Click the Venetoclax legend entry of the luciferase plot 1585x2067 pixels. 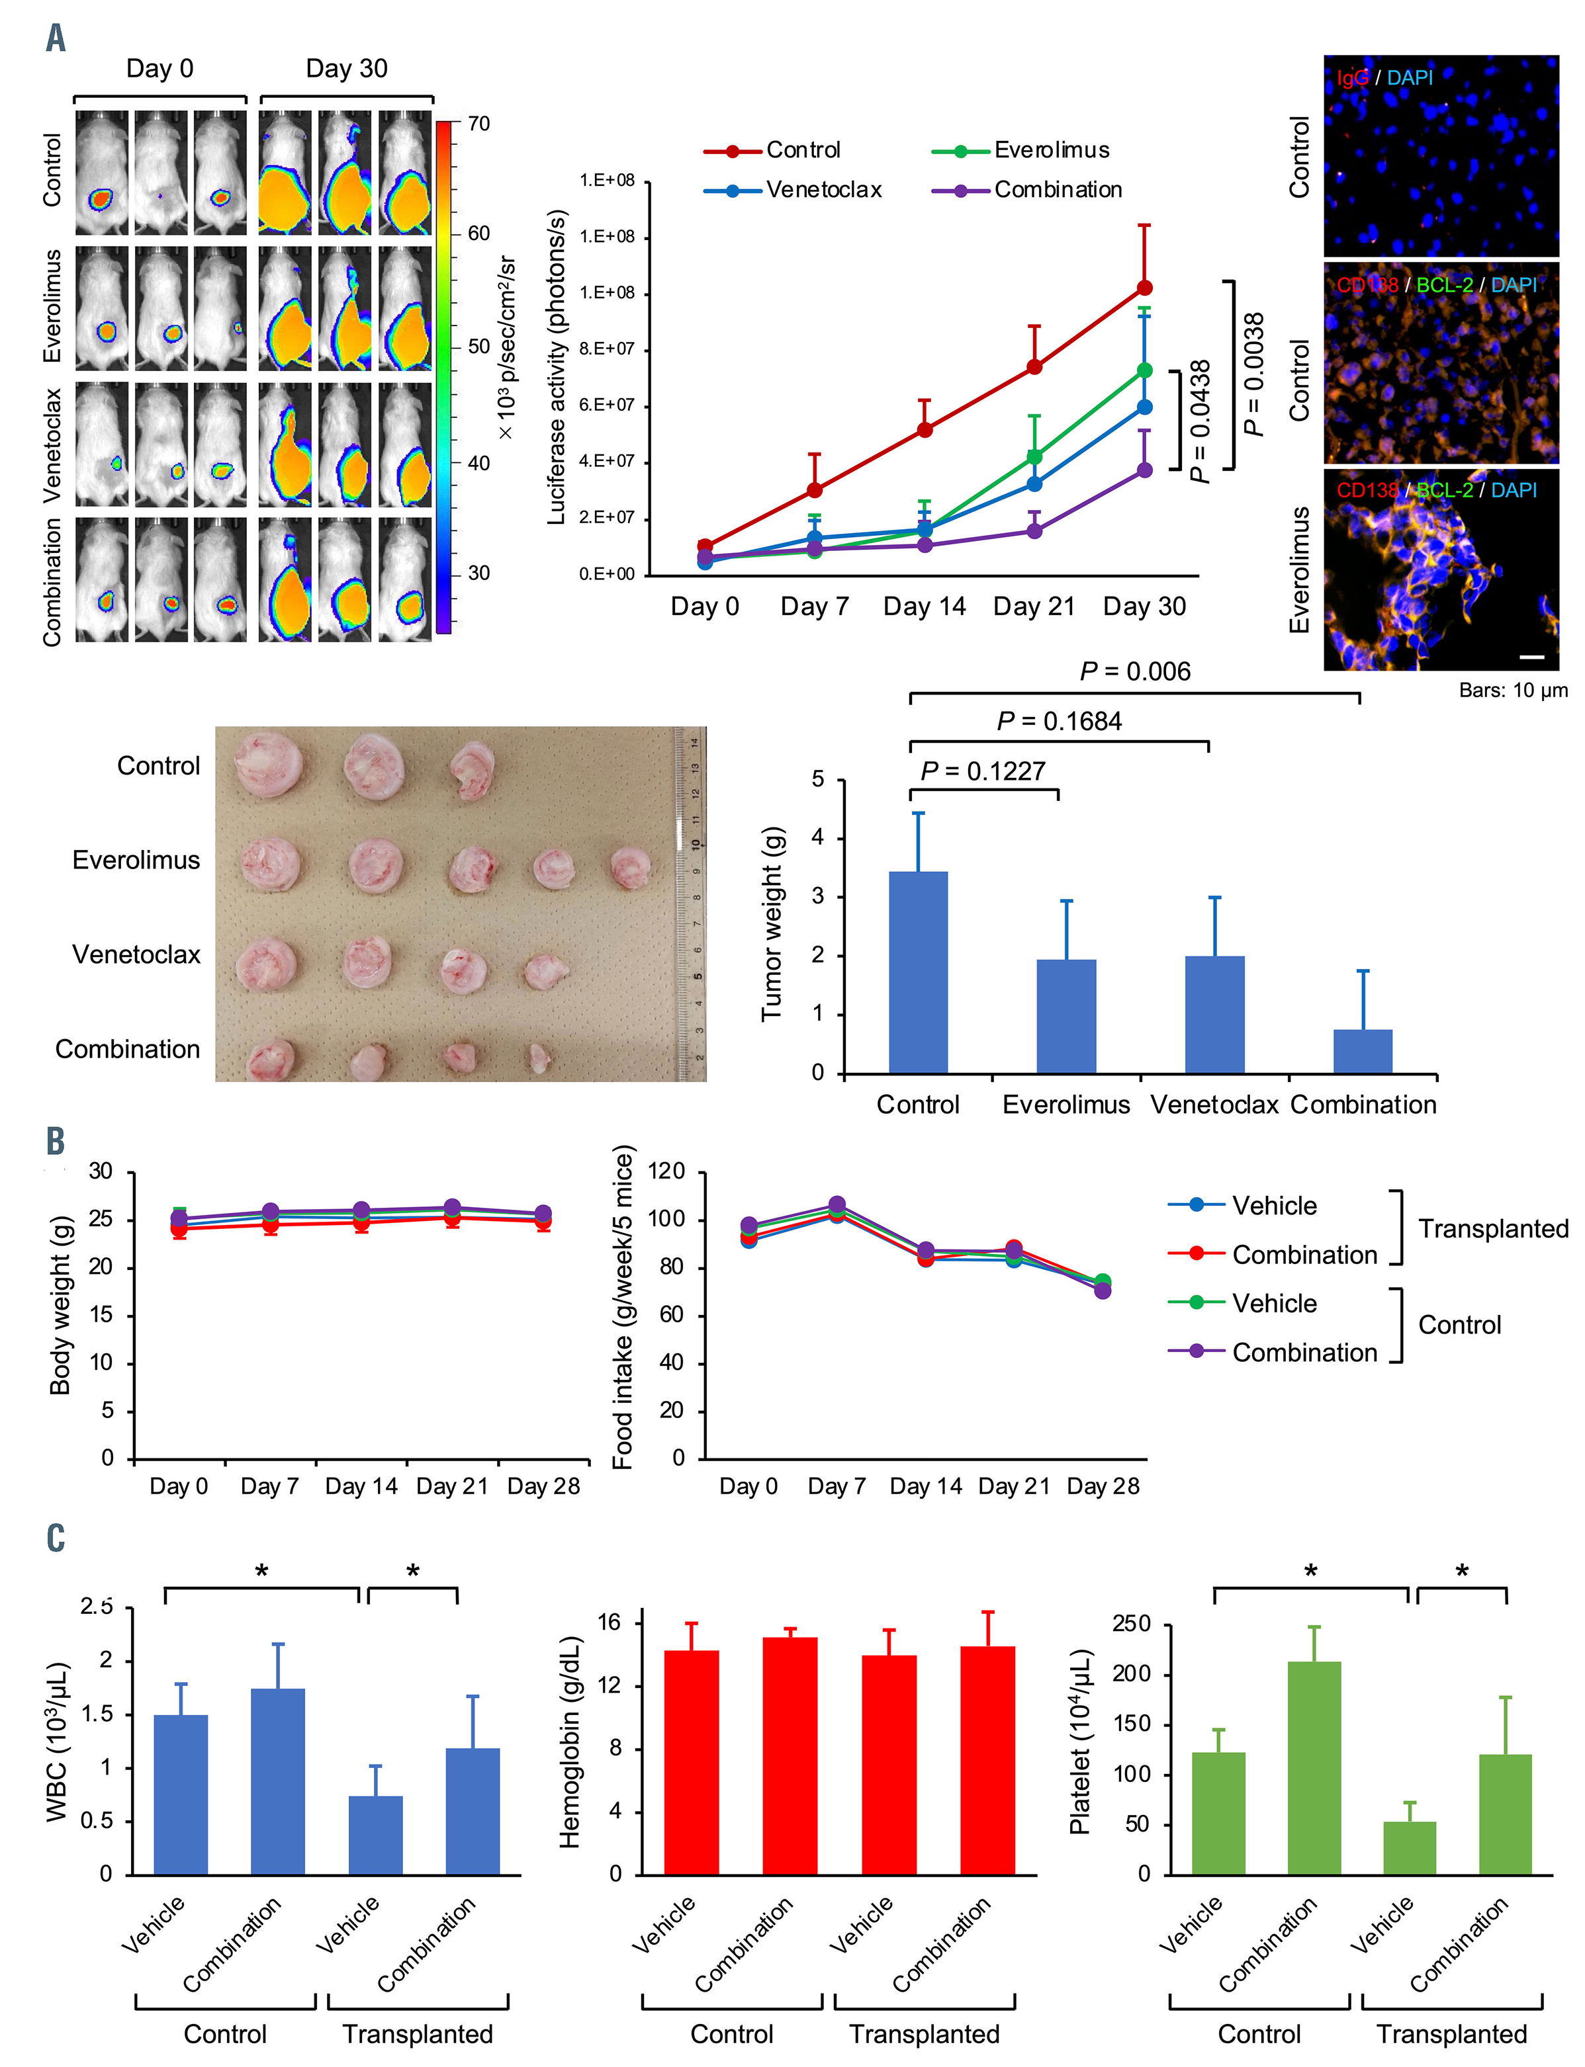click(x=823, y=190)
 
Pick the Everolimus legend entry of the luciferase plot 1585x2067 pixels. click(x=1051, y=150)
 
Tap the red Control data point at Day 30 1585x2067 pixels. click(x=1144, y=288)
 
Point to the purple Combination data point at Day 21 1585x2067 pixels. click(x=1034, y=531)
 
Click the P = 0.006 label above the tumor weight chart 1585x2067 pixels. click(x=1135, y=671)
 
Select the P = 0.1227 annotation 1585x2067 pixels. click(x=982, y=771)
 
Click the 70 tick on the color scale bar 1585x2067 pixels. click(x=478, y=124)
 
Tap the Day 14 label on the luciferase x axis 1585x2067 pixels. click(x=924, y=607)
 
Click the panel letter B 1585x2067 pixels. click(x=56, y=1140)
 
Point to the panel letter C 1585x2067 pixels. click(x=56, y=1537)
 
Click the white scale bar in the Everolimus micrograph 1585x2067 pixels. click(x=1532, y=656)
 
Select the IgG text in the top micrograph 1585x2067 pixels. click(x=1352, y=78)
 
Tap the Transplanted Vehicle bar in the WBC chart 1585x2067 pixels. click(x=375, y=1834)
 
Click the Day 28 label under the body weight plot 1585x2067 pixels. click(x=543, y=1487)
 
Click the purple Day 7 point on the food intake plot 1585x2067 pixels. click(x=837, y=1205)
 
